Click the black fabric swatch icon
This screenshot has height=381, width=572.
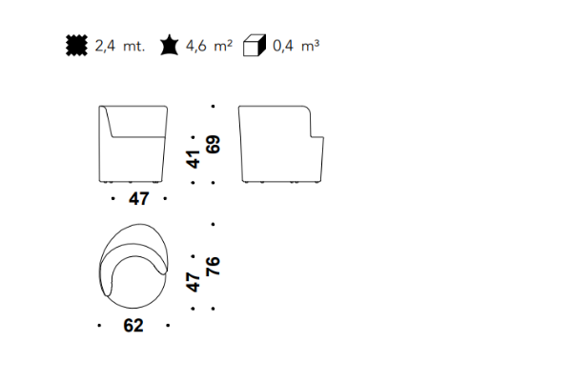click(76, 46)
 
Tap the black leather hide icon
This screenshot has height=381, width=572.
click(170, 45)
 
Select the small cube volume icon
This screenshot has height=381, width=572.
click(255, 46)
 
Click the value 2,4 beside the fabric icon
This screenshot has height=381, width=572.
click(105, 46)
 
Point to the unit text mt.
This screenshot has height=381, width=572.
click(133, 47)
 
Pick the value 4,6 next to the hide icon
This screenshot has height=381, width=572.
click(195, 46)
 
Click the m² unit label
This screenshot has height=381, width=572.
click(223, 46)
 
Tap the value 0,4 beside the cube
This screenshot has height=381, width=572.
click(283, 46)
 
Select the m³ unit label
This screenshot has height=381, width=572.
click(310, 46)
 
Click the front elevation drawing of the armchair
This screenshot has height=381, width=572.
click(133, 144)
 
